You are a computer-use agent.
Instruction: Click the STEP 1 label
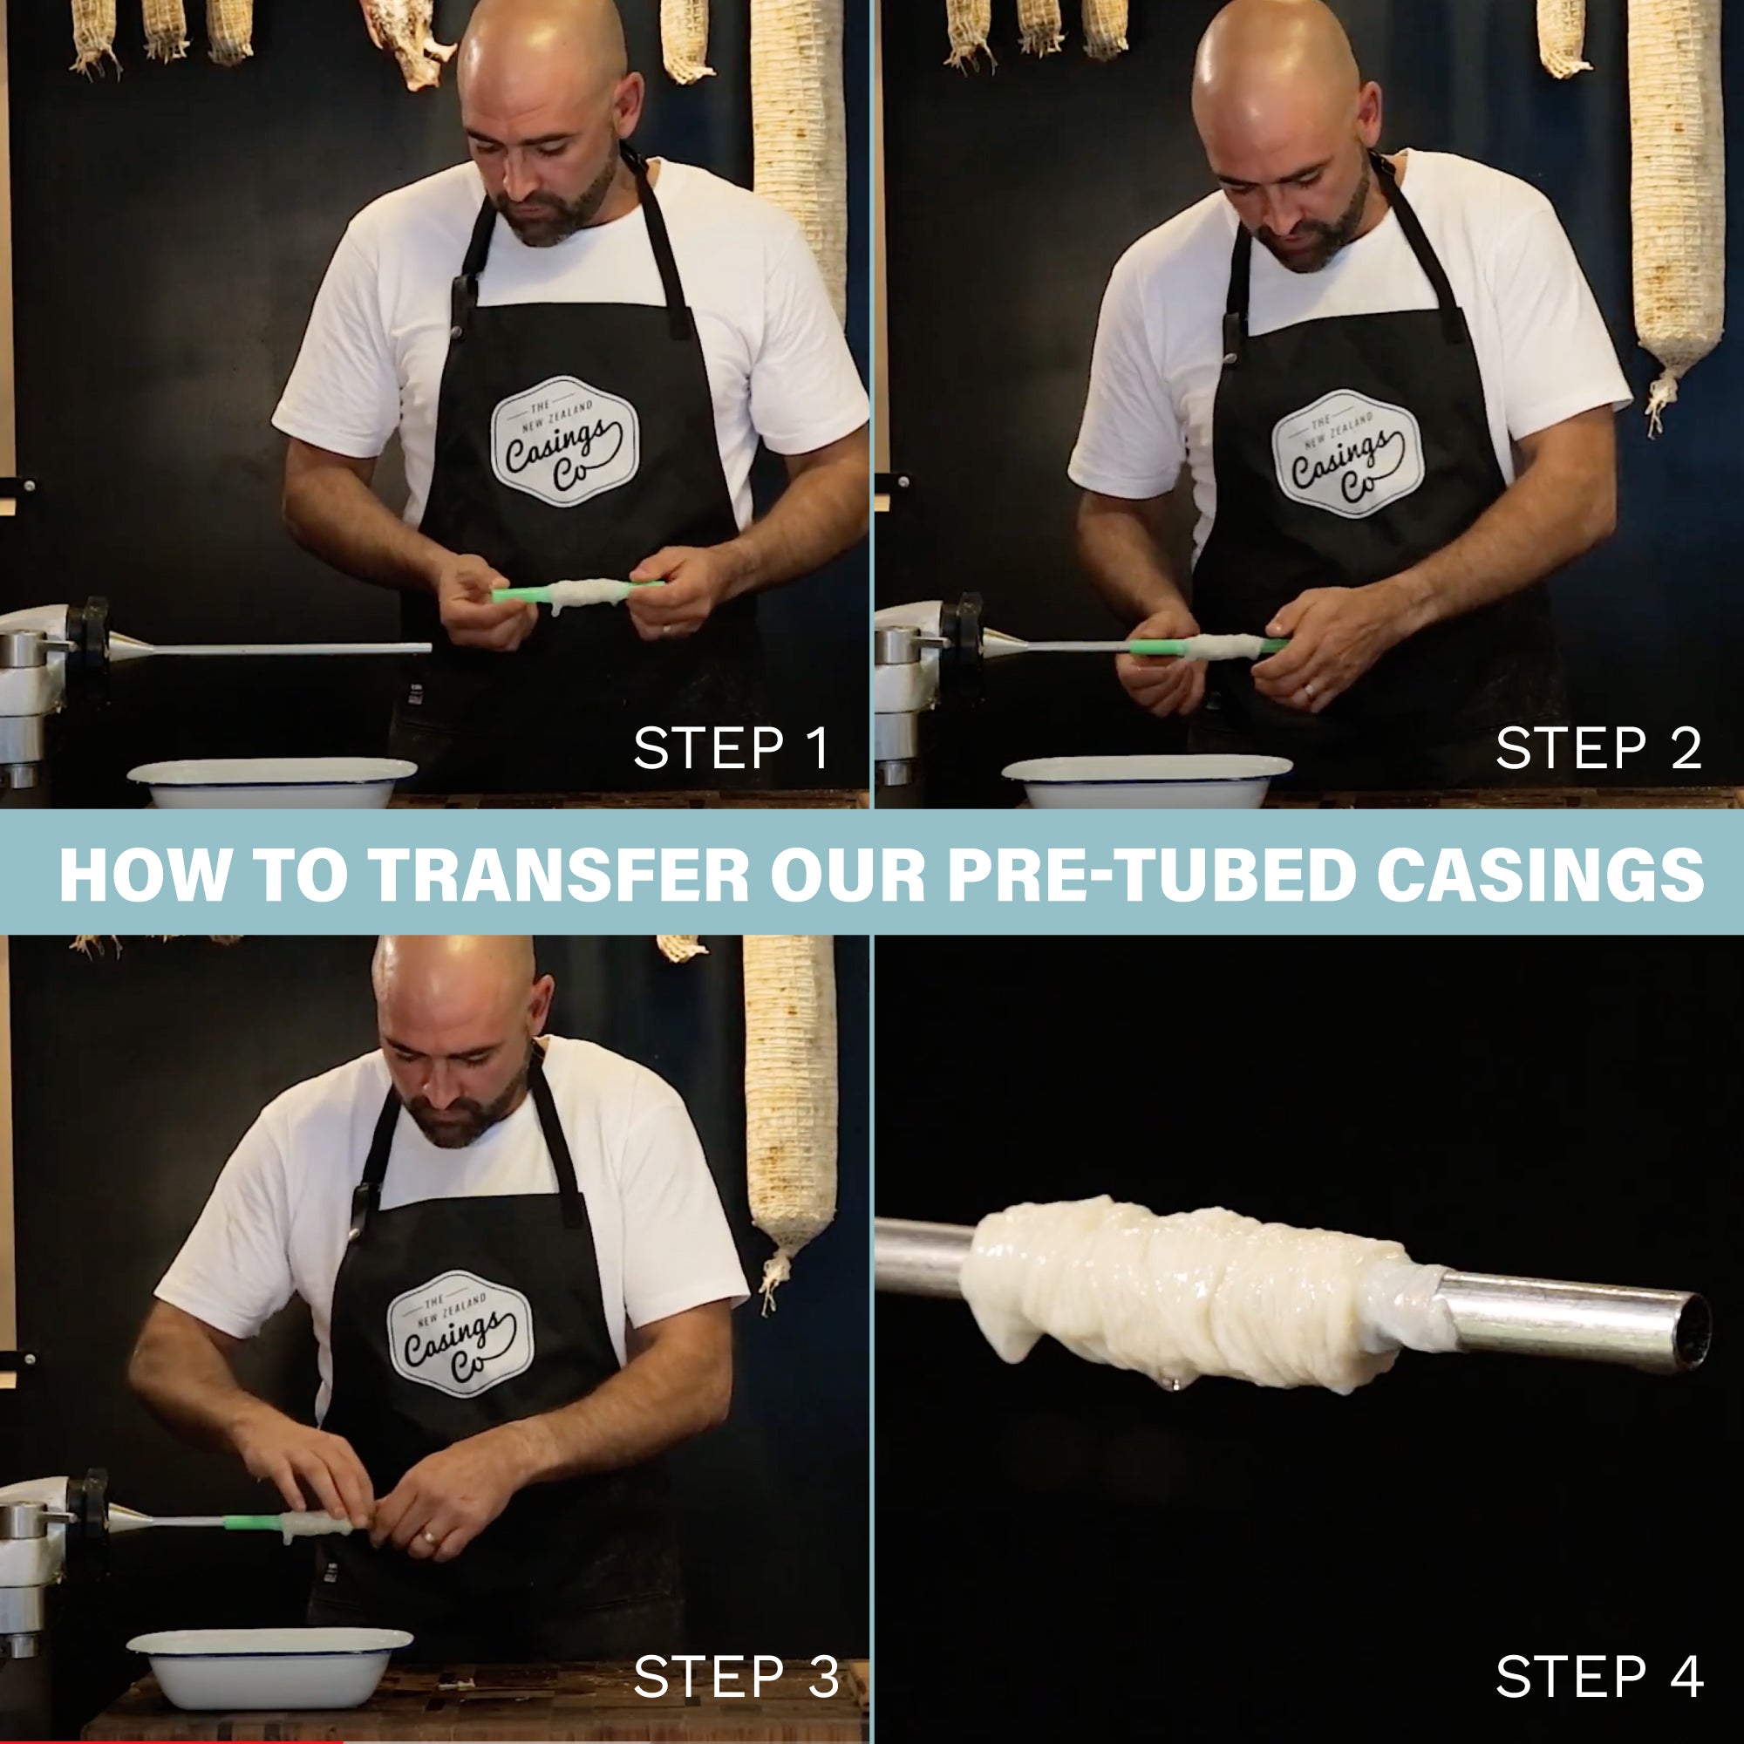pyautogui.click(x=732, y=748)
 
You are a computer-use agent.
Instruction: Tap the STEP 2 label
pyautogui.click(x=1598, y=748)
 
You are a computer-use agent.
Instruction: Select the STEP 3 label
pyautogui.click(x=737, y=1676)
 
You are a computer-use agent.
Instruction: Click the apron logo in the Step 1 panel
pyautogui.click(x=564, y=440)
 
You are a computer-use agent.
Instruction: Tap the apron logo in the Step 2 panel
pyautogui.click(x=1347, y=453)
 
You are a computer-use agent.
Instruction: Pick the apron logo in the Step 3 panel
pyautogui.click(x=460, y=1333)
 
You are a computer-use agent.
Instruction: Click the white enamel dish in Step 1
pyautogui.click(x=272, y=781)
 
